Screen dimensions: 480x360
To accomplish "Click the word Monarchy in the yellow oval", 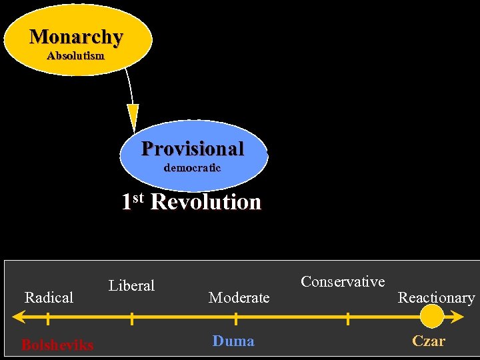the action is click(76, 37).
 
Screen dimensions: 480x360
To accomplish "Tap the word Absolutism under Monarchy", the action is click(75, 56).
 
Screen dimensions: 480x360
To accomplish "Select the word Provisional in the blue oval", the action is click(193, 148).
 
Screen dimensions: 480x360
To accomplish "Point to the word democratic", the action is click(192, 168).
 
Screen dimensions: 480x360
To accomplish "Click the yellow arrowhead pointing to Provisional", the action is click(133, 117).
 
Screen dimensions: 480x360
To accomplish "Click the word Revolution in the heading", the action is click(206, 201).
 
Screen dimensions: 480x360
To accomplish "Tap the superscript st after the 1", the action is click(139, 197).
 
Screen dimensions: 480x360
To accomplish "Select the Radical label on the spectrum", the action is click(49, 297).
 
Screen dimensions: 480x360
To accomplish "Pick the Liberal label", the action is click(131, 286).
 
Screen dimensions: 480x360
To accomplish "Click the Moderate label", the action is click(239, 297).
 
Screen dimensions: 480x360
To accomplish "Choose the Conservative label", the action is click(343, 281).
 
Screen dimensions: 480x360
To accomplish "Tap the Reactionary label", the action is click(436, 297).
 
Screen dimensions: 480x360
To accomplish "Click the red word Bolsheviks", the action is click(57, 345).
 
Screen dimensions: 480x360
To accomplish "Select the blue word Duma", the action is click(233, 341).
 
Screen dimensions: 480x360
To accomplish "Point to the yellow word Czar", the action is click(429, 341).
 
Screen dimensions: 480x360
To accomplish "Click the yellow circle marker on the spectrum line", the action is click(432, 316).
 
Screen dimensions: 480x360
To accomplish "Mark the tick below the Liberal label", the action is click(131, 319).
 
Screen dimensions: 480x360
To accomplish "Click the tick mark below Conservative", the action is click(347, 319).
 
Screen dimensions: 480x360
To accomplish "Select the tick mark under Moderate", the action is click(236, 319).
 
